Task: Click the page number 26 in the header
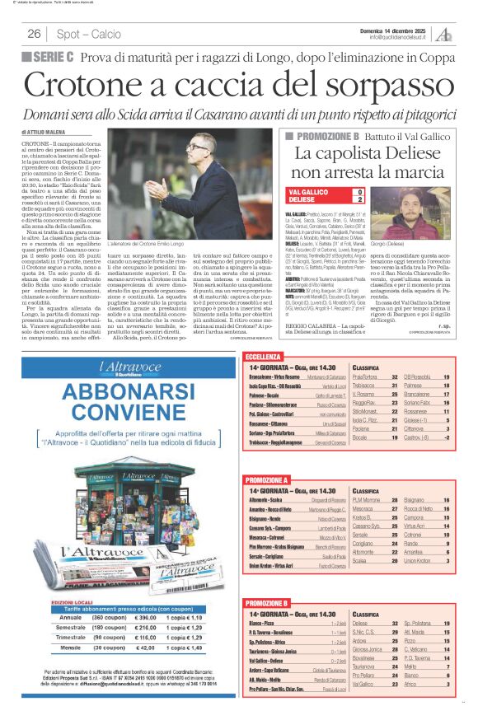click(34, 34)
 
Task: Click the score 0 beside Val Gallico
click(358, 191)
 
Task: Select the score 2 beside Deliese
click(358, 199)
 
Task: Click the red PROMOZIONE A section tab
click(267, 479)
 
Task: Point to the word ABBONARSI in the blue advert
click(82, 389)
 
